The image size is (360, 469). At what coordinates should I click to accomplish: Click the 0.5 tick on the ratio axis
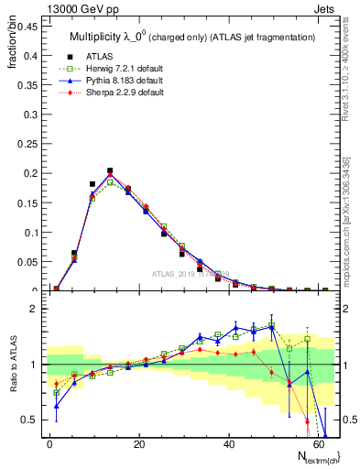click(28, 420)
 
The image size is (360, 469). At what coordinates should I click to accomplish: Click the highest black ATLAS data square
click(110, 170)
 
